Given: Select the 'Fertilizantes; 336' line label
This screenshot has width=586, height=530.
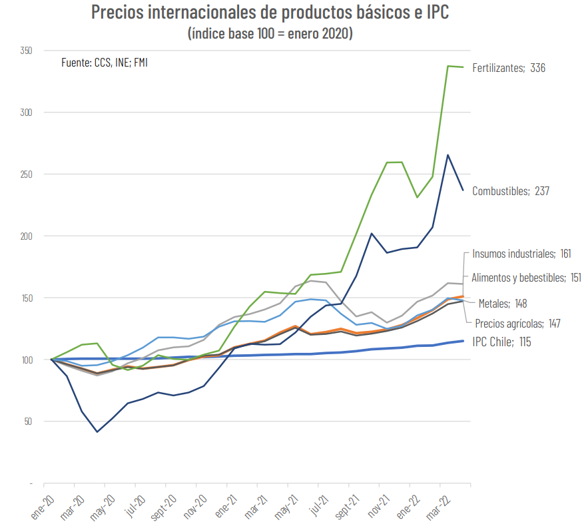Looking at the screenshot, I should pos(509,68).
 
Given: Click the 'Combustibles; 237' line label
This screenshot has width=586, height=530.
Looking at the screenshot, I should pos(511,191).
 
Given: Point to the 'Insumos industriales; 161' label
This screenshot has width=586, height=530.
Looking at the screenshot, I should pos(521,254).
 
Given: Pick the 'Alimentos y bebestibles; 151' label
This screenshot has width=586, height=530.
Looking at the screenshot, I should pos(526,278).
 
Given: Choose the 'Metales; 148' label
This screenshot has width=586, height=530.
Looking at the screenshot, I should pos(503,304).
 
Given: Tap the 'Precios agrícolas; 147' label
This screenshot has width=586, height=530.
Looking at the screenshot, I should pos(517,324).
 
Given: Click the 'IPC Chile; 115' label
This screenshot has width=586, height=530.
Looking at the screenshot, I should pos(501,342).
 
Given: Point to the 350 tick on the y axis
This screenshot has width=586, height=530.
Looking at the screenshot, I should pos(27,51).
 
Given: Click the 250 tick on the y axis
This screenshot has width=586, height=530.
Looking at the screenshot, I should pos(27,174).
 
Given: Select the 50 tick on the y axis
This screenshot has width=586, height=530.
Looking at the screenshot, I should pos(29,421).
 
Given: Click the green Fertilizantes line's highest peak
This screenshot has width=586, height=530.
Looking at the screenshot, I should pos(447,66).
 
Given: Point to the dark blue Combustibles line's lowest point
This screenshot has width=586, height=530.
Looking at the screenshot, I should pos(97,432).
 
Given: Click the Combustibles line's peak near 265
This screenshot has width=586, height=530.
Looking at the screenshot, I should pos(447,154).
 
